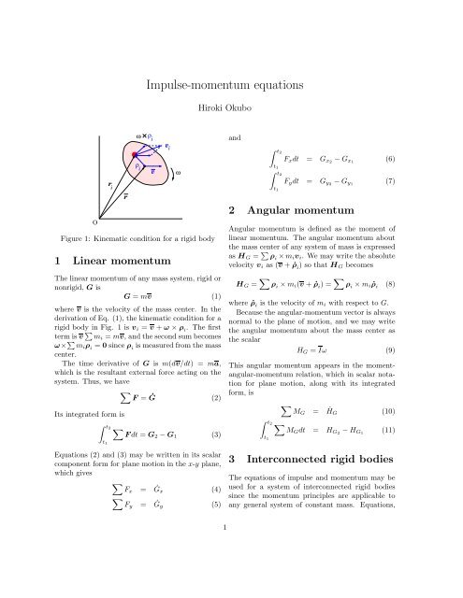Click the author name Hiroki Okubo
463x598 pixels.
[231, 108]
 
